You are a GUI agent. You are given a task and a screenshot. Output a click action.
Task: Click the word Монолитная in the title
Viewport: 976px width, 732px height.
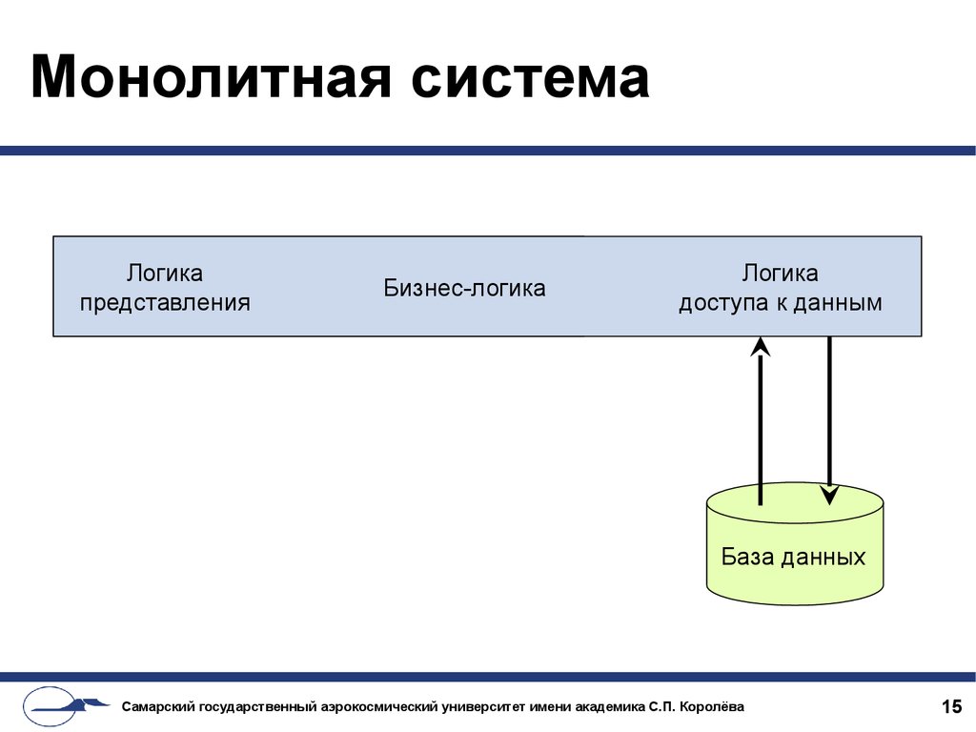[x=211, y=77]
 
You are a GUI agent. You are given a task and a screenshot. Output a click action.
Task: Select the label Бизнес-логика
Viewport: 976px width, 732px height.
[x=464, y=288]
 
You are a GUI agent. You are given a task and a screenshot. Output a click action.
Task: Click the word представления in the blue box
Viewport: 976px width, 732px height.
[x=165, y=303]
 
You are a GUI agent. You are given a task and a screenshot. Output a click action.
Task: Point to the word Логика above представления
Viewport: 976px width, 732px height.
[x=165, y=274]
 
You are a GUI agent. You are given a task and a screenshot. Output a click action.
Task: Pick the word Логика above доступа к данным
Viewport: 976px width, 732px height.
[x=780, y=274]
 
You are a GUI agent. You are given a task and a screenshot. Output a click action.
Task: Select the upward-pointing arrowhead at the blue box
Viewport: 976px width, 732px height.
[x=760, y=347]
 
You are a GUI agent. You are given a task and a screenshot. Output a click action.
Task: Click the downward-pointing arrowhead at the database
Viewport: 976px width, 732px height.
[x=830, y=495]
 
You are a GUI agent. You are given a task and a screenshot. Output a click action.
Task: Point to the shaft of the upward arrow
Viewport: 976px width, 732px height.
[x=760, y=430]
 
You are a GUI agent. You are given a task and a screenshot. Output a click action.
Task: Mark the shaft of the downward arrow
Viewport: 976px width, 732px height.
[x=830, y=412]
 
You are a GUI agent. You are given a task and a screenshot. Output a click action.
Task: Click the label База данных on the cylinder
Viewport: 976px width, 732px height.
[x=794, y=557]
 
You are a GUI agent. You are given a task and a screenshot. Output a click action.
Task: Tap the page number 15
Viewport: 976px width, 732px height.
[x=952, y=706]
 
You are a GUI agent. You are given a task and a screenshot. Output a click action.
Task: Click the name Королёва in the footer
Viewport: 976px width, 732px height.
[x=712, y=706]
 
